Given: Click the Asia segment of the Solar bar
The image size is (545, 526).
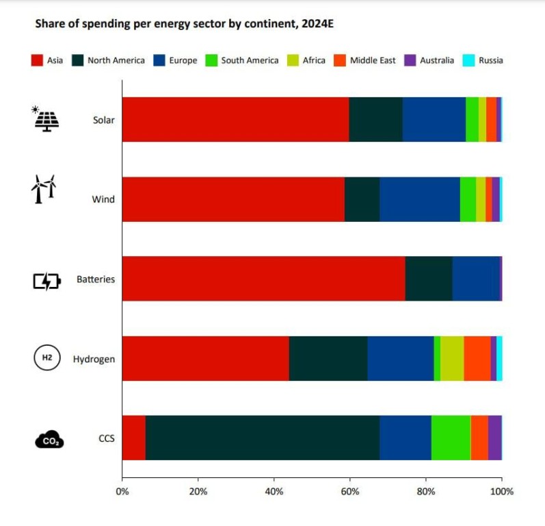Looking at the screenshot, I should [235, 119].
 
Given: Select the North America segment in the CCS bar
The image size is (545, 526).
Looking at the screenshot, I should [262, 438].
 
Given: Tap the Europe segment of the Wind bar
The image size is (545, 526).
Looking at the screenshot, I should [419, 199].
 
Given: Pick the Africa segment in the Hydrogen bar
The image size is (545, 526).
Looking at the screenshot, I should [451, 358].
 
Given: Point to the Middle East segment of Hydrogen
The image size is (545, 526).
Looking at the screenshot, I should [477, 358].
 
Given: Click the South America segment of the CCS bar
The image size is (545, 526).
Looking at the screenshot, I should [451, 438].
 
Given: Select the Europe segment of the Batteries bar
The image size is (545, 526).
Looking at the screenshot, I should [475, 279].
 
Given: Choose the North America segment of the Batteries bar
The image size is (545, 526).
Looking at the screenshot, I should [428, 279].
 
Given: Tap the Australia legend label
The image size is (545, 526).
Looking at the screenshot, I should [437, 60].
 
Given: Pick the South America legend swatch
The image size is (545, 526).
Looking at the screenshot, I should [210, 60].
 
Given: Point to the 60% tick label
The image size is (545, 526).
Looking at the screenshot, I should [349, 491].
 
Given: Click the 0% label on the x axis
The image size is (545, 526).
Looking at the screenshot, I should [122, 491].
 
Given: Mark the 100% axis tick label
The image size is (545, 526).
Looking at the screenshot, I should [501, 491].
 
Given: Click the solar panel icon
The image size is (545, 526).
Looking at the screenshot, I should [46, 118].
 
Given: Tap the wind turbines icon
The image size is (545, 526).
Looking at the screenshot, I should [42, 188].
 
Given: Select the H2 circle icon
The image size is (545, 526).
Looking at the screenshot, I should [46, 358].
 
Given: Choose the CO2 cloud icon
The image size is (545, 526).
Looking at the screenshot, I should [49, 439].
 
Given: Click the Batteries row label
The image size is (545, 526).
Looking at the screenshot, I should [95, 279].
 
